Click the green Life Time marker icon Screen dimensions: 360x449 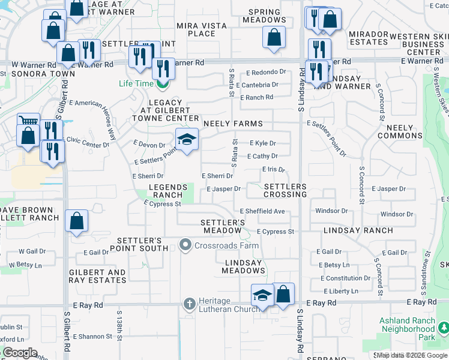click(161, 84)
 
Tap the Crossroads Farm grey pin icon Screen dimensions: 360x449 click(185, 245)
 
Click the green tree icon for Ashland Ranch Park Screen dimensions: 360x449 click(444, 328)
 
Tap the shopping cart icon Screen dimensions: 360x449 click(28, 122)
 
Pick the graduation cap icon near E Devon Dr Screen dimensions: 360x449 click(187, 140)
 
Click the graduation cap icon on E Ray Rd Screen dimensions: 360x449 click(262, 295)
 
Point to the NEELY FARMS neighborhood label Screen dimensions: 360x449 click(233, 124)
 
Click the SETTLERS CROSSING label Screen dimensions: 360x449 click(286, 191)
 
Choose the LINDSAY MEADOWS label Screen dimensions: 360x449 click(244, 267)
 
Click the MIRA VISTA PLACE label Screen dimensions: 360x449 click(202, 29)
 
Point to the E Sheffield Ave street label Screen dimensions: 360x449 click(262, 211)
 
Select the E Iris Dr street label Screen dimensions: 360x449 click(274, 170)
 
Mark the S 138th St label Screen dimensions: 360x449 click(119, 335)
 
